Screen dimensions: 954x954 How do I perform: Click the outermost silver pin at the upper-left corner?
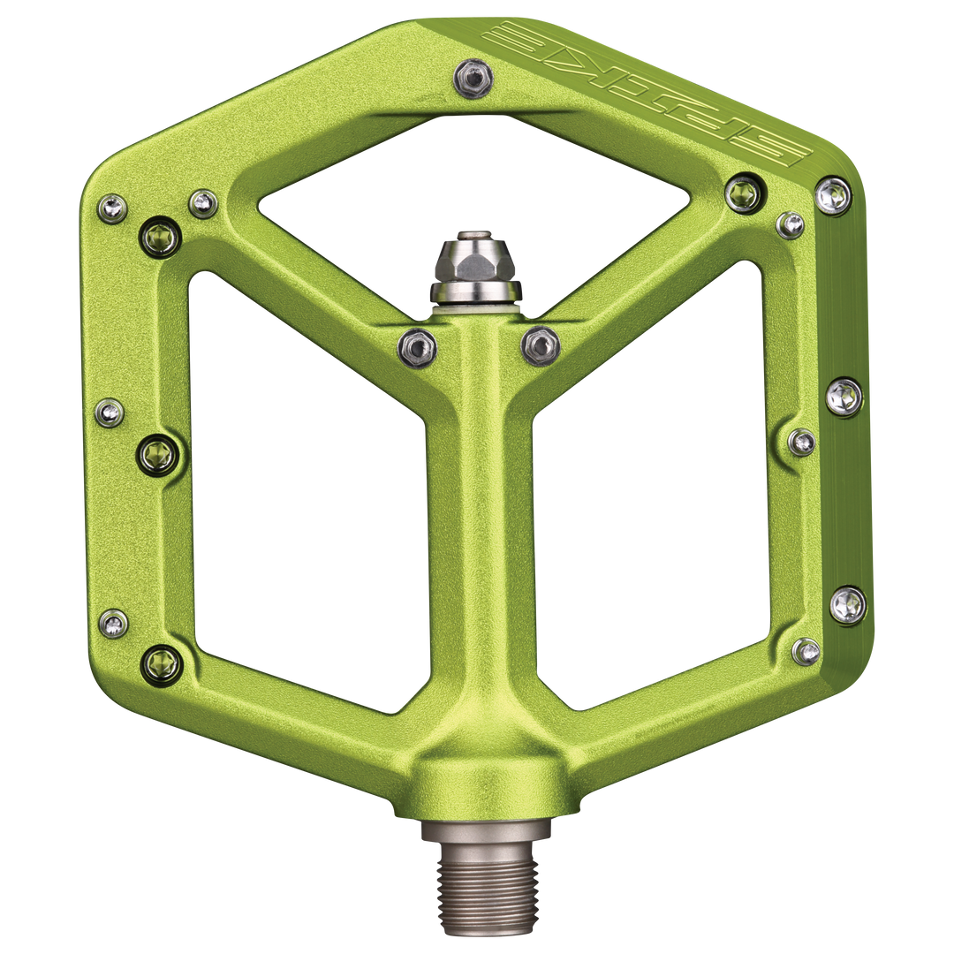point(113,208)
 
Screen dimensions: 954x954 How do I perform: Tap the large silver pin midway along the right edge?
point(844,397)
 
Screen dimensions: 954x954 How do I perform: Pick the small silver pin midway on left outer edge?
point(110,412)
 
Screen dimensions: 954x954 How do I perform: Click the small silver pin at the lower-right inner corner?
point(806,652)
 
